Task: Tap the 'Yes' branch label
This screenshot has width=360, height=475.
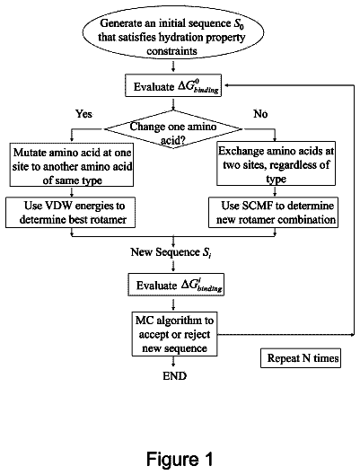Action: point(83,114)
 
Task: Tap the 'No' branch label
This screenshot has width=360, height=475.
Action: point(260,114)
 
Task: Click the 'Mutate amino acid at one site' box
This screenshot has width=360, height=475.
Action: point(72,165)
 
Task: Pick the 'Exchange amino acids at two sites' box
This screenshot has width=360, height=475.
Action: point(276,163)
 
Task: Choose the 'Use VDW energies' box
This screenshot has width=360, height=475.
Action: point(70,212)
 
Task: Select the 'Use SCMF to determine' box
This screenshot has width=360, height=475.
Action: point(273,212)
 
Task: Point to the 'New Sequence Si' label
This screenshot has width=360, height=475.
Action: point(171,252)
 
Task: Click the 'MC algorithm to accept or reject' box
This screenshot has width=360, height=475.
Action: point(174,334)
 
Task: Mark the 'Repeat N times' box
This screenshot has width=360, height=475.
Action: point(301,358)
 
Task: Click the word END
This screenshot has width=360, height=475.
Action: point(175,376)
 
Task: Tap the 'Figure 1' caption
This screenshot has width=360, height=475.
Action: point(180,459)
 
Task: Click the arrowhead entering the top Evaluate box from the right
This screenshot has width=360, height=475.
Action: point(227,85)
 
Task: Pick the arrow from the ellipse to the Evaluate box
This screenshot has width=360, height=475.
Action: point(173,66)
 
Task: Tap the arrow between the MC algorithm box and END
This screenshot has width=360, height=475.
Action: point(173,361)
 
